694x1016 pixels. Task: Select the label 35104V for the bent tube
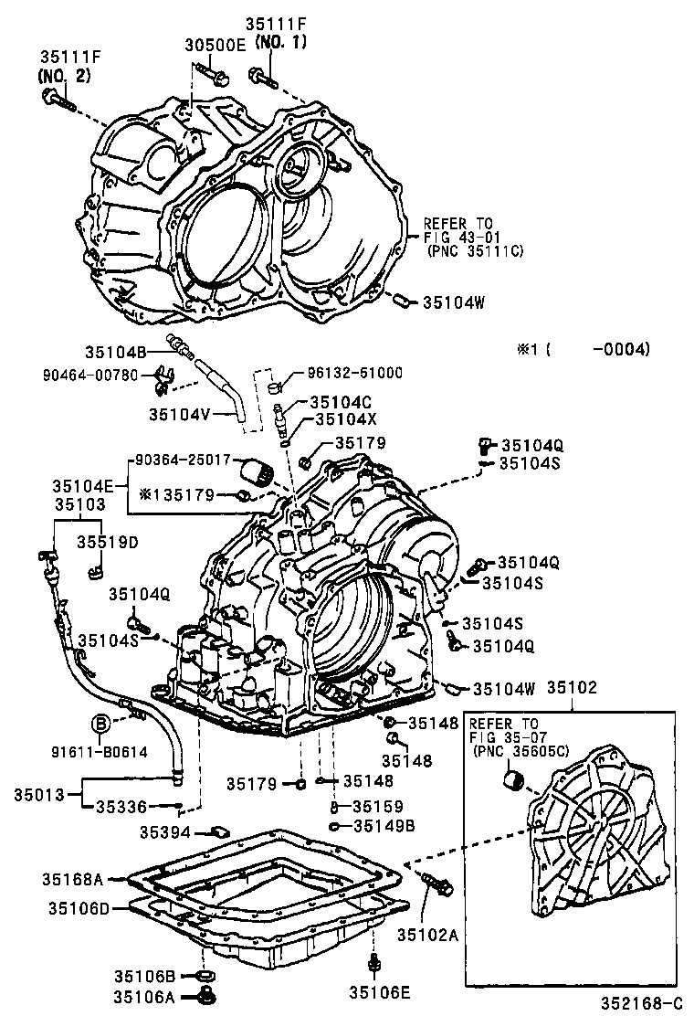tap(180, 413)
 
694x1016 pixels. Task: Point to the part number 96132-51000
tap(354, 373)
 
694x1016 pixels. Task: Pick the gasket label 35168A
tap(74, 879)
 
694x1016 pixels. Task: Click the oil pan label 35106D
tap(80, 908)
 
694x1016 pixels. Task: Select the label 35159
tap(374, 806)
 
